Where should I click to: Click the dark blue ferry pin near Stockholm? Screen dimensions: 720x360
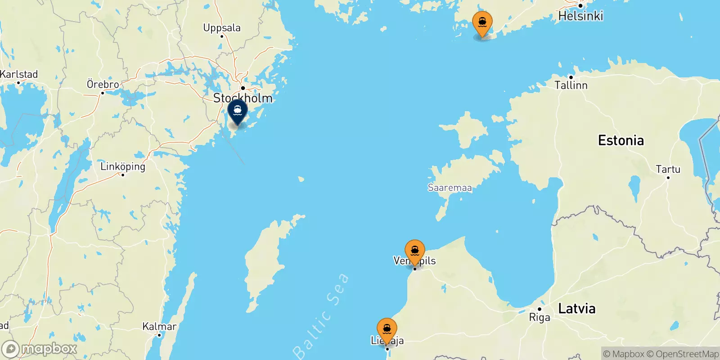point(238,111)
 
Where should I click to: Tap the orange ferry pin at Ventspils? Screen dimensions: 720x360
point(414,251)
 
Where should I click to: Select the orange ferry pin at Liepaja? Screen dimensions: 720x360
point(387,329)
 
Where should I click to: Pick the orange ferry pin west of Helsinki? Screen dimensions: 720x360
point(482,22)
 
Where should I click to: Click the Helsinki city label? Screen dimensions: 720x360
point(580,16)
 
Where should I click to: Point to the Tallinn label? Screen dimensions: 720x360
point(571,85)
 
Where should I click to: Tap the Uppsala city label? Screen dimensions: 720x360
point(222,28)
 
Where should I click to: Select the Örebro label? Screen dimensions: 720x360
point(103,84)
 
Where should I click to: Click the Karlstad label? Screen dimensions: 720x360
point(19,74)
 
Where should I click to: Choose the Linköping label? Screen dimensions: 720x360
point(123,166)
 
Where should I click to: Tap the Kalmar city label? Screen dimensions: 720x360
point(159,326)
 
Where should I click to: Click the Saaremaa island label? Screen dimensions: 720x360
point(450,188)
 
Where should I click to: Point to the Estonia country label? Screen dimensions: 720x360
point(621,140)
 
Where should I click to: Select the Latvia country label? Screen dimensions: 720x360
point(576,309)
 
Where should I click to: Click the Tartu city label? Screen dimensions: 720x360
point(668,169)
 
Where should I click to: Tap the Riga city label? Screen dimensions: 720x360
point(539,318)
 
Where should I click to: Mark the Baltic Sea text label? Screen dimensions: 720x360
point(321,315)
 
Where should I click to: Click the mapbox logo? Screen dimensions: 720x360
point(40,349)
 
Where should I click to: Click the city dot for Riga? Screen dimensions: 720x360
point(539,309)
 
